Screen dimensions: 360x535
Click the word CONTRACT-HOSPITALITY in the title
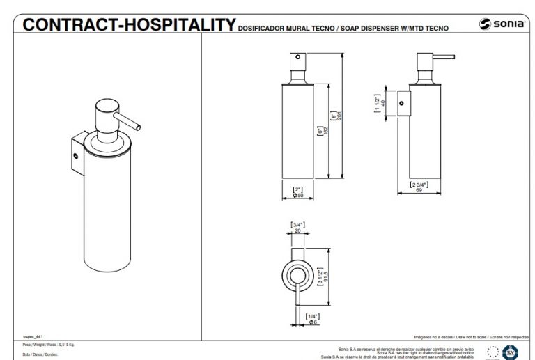(128, 26)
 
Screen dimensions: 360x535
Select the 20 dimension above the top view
(298, 228)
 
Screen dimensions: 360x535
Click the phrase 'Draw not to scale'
(470, 336)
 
